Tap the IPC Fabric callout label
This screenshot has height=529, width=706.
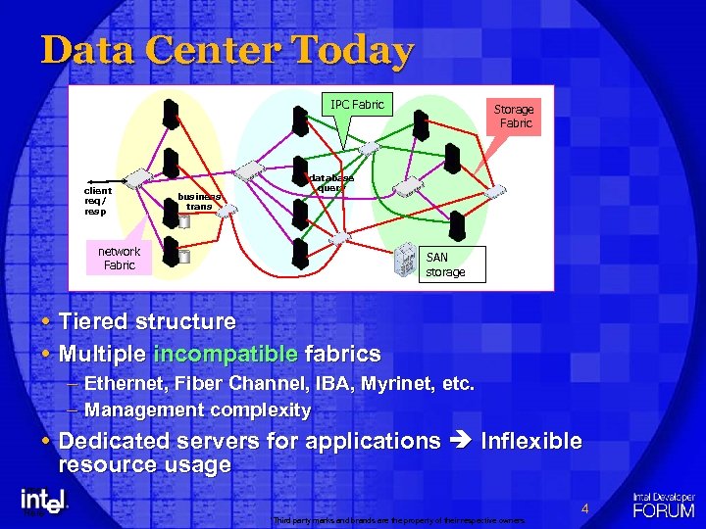(357, 104)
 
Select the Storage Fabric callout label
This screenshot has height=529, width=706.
(514, 116)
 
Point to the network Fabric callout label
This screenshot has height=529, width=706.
(119, 258)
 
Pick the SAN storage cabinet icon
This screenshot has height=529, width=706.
(405, 261)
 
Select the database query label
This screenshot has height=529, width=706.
(331, 183)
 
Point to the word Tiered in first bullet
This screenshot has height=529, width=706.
(94, 321)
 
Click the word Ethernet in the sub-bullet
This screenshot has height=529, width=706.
(126, 384)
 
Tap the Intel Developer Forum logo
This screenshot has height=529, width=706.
(664, 504)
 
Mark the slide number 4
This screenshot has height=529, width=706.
(584, 508)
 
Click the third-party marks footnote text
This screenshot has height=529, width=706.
(399, 519)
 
